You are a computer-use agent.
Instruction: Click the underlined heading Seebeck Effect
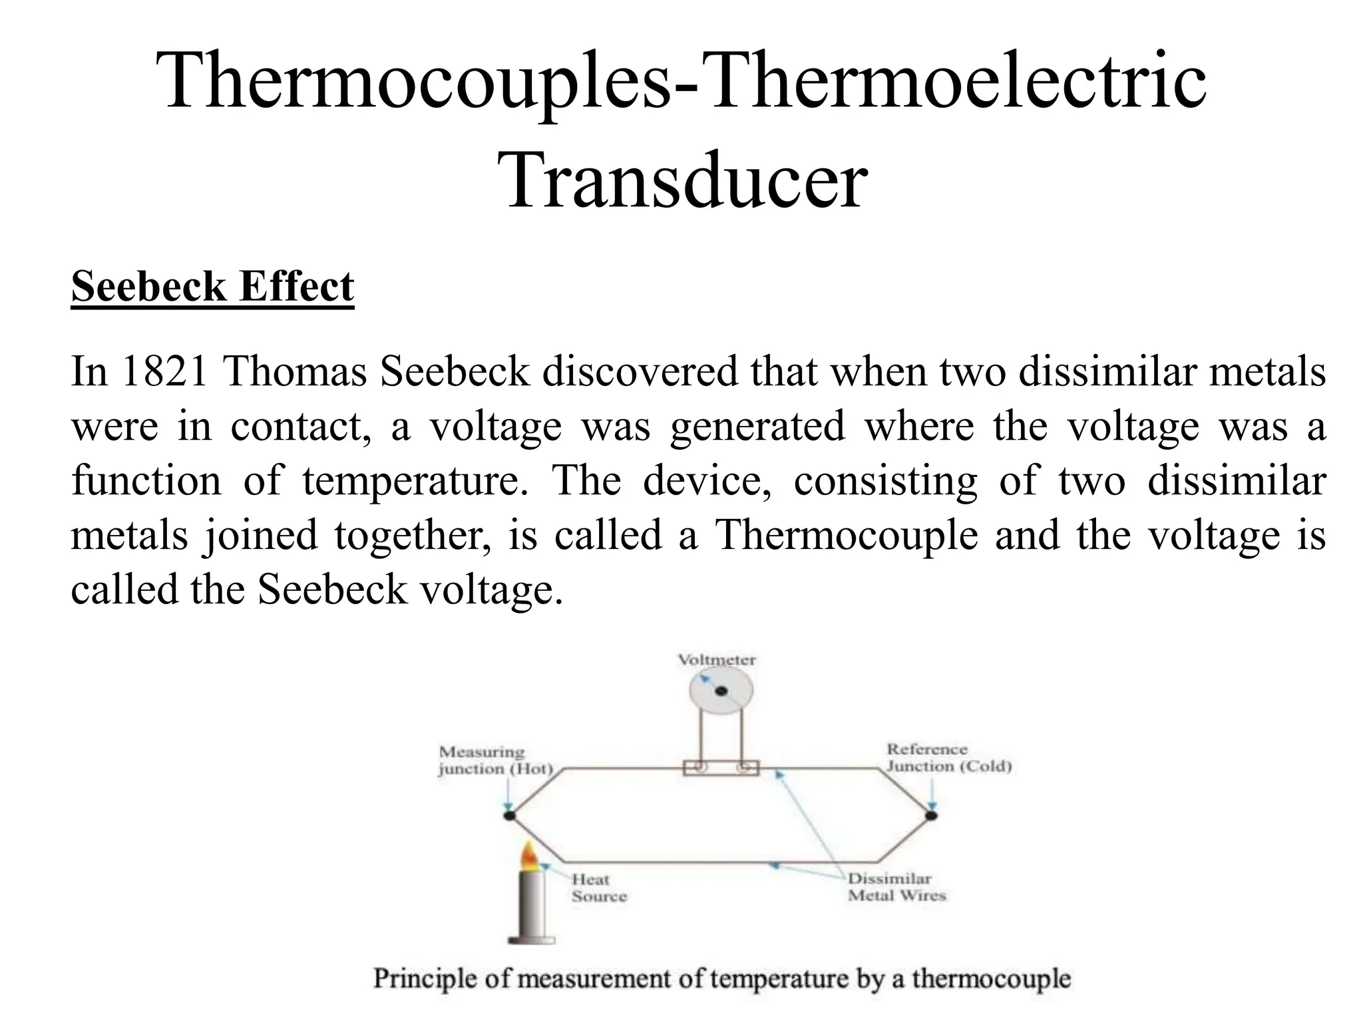tap(212, 287)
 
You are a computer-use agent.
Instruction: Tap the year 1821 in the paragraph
tap(163, 371)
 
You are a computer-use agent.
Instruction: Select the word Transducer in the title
tap(686, 180)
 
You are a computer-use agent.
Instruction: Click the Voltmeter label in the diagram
tap(716, 660)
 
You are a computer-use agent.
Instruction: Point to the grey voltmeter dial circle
tap(721, 691)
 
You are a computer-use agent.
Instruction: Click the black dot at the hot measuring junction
tap(510, 815)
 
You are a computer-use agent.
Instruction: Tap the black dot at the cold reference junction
tap(931, 815)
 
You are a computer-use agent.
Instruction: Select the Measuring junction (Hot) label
tap(494, 761)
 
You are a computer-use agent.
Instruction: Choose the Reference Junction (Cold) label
tap(948, 758)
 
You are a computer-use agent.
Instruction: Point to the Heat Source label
tap(598, 888)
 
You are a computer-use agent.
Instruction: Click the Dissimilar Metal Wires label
tap(896, 887)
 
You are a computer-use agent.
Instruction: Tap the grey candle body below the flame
tap(530, 905)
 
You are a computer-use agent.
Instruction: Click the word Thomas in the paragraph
tap(295, 371)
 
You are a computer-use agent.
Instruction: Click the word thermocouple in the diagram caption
tap(991, 979)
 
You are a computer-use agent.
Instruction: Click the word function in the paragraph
tap(146, 480)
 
